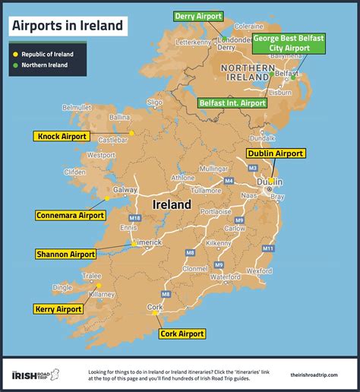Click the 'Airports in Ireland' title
[x=67, y=26]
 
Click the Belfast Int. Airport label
[x=232, y=103]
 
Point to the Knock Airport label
[x=62, y=137]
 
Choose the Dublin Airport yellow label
[x=274, y=153]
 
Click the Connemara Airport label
[x=70, y=216]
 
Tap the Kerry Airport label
[x=58, y=309]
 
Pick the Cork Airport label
[x=182, y=334]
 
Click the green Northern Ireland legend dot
[x=14, y=65]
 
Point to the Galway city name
[x=125, y=190]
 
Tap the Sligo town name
[x=154, y=101]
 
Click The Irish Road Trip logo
[x=37, y=373]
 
